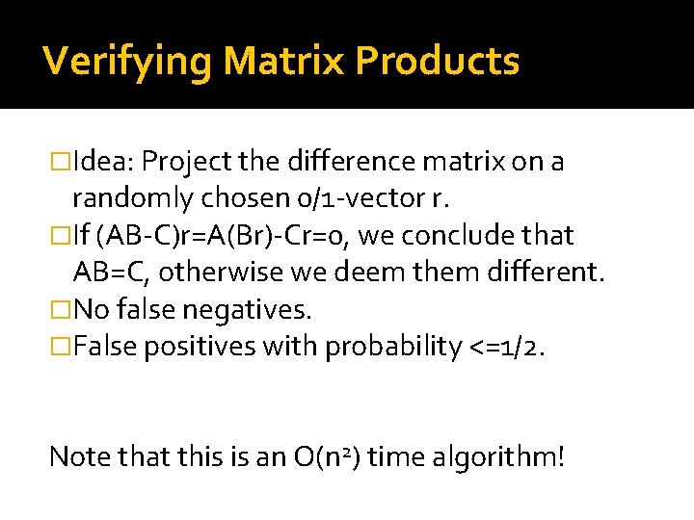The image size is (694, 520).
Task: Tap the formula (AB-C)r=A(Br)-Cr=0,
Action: (245, 235)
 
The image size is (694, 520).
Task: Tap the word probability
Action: (395, 346)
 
